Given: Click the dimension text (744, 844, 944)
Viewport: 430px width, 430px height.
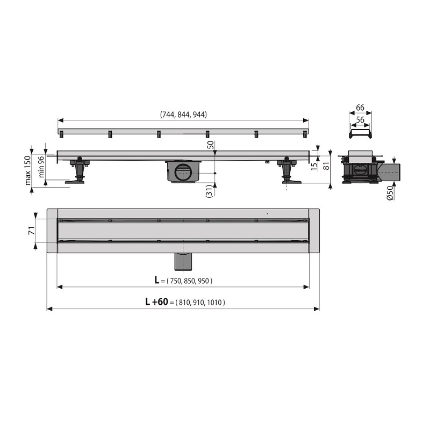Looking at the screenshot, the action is (183, 114).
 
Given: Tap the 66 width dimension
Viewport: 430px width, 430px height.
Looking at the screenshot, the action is (360, 107).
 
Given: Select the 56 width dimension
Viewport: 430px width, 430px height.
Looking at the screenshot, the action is (360, 120).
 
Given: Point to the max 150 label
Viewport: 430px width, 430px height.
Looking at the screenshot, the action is (28, 170).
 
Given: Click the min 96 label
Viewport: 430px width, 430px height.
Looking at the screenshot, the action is (41, 167).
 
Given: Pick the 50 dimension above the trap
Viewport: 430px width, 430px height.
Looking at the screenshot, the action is (211, 145).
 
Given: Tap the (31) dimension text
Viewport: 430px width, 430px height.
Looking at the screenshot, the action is (209, 191).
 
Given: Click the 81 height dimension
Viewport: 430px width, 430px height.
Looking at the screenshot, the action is (326, 166).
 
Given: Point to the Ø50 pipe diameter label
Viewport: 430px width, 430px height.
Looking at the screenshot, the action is (390, 193).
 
